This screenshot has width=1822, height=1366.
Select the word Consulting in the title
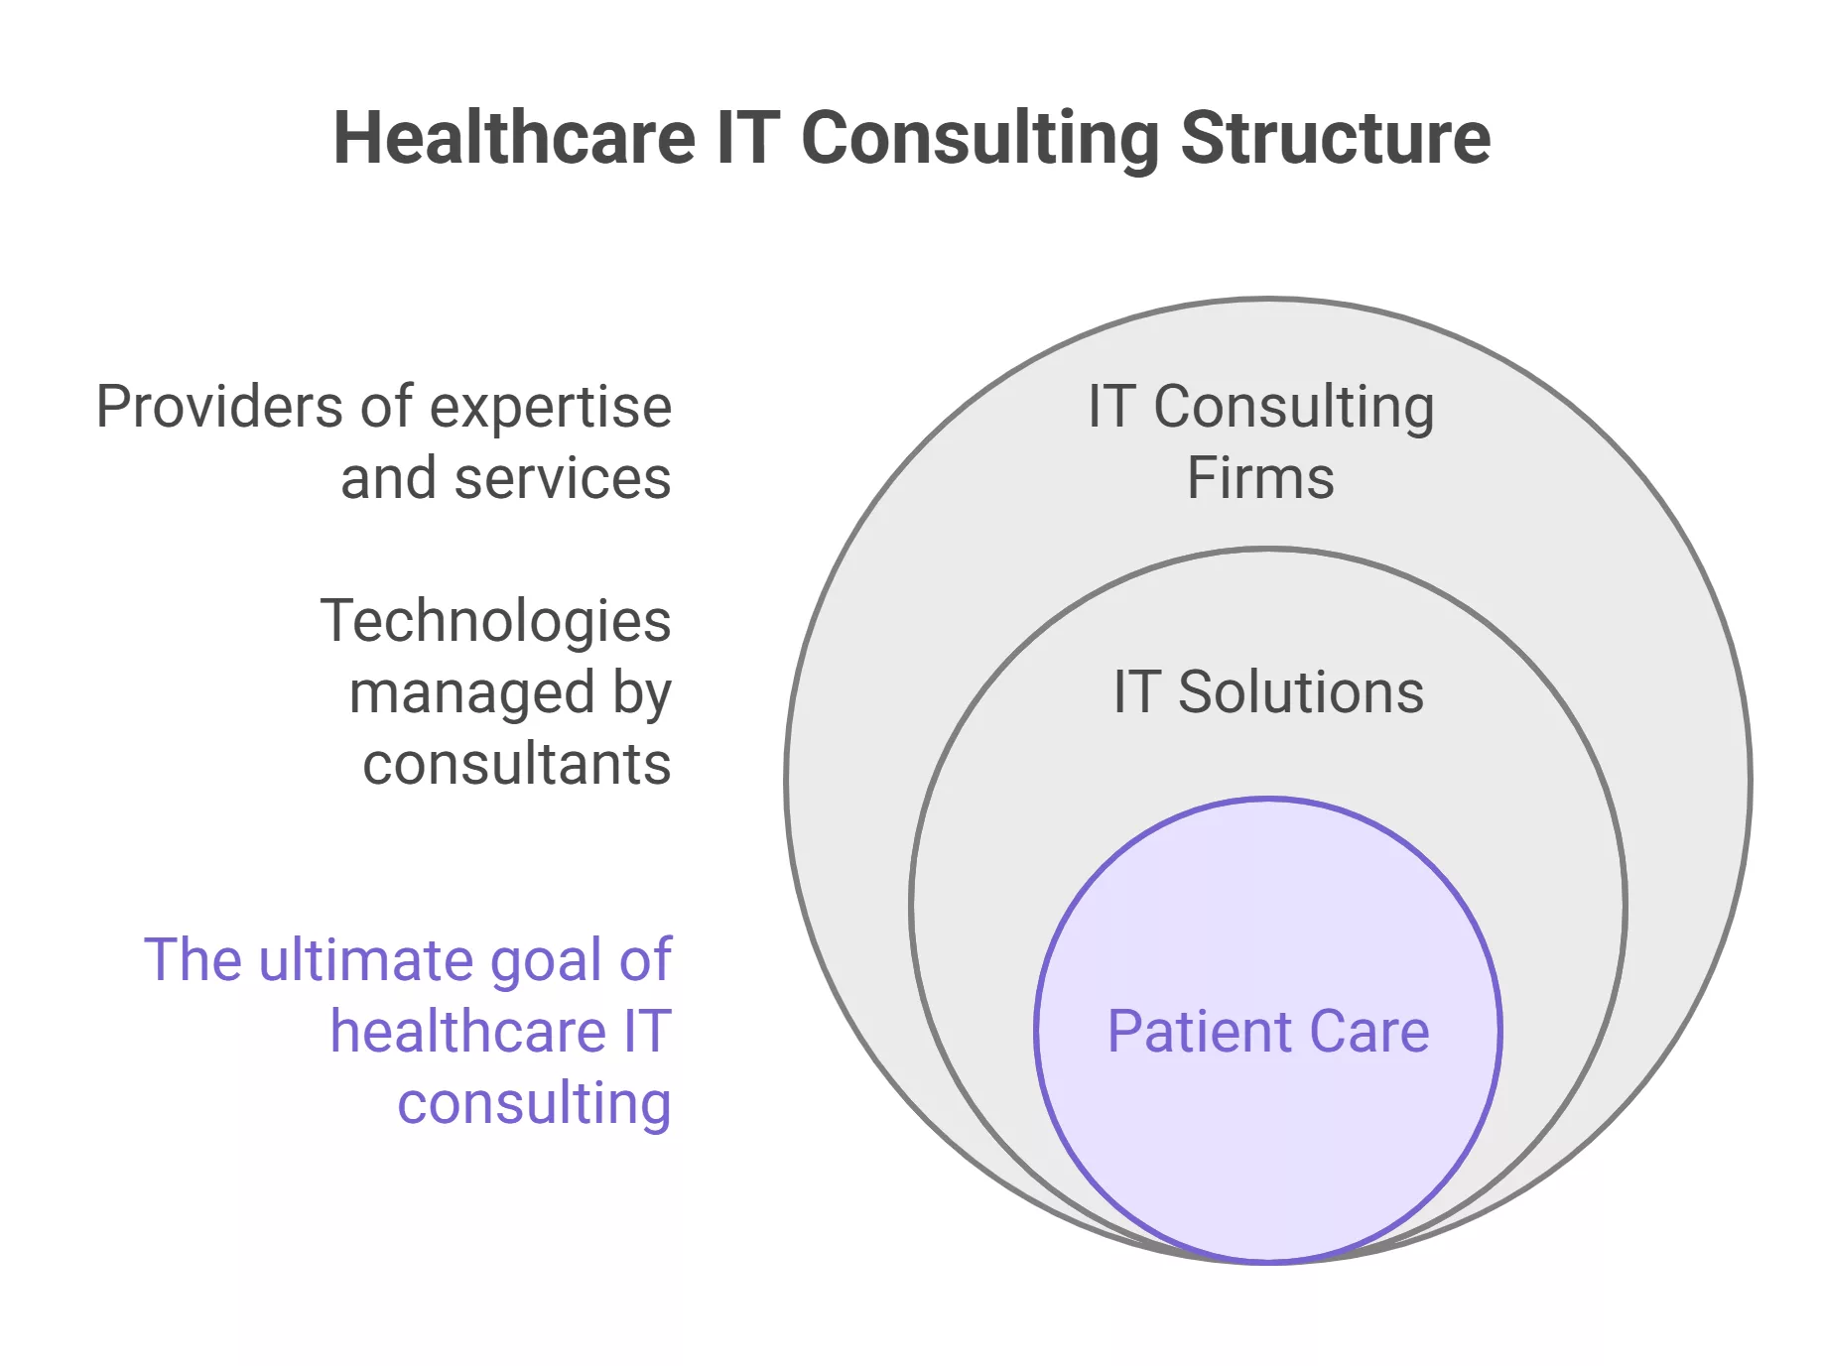coord(979,139)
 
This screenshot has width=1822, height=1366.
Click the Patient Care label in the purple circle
coord(1267,1032)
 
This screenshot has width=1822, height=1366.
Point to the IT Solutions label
coord(1267,691)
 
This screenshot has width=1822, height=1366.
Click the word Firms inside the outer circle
coord(1259,478)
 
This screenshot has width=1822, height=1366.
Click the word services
coord(562,478)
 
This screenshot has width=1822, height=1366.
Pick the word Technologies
coord(495,622)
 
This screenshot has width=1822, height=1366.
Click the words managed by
coord(510,693)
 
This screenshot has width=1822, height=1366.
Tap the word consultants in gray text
coord(516,764)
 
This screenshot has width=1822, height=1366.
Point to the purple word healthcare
coord(468,1032)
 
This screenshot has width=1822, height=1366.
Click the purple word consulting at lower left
coord(534,1104)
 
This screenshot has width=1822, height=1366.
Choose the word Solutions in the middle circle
coord(1300,691)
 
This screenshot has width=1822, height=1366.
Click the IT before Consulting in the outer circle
coord(1110,407)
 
